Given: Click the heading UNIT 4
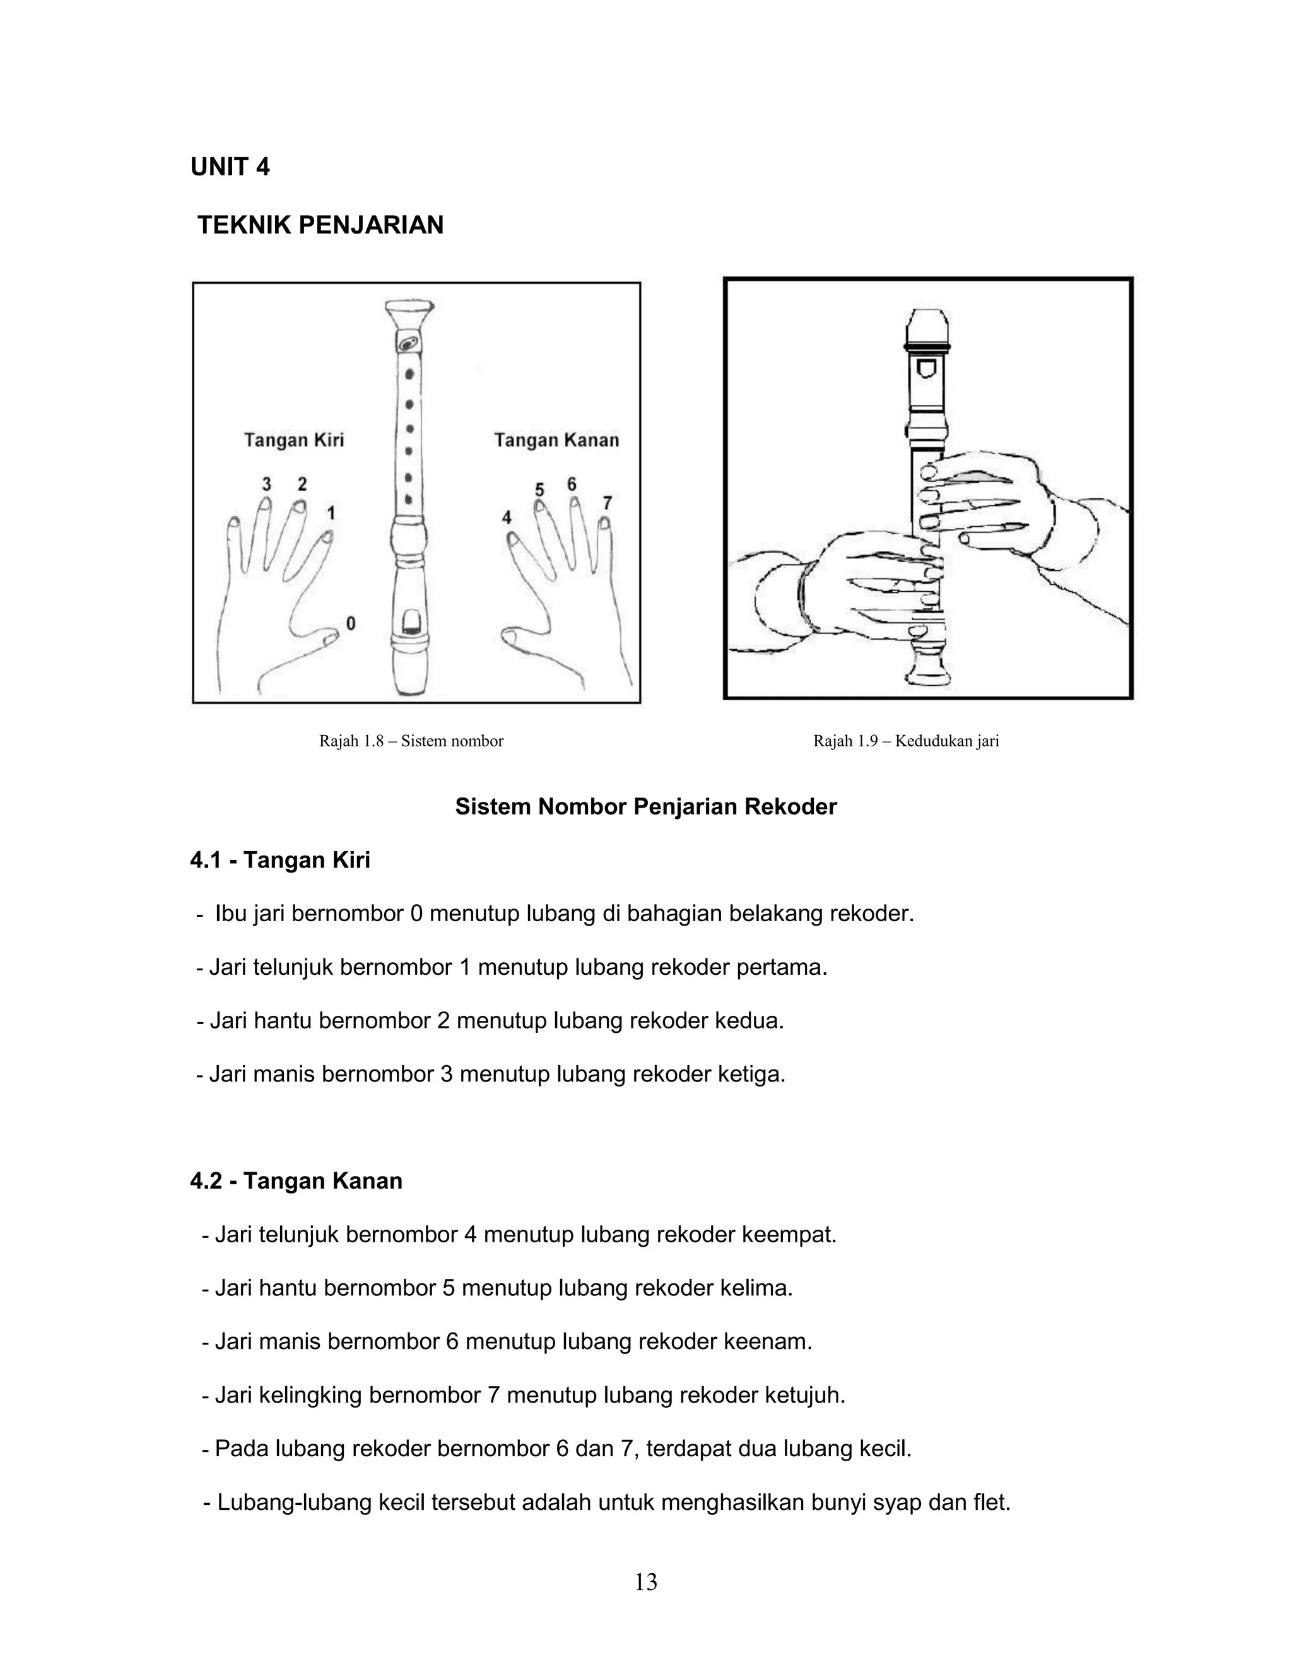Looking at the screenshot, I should tap(230, 167).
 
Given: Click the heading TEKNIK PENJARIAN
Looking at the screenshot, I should tap(320, 225).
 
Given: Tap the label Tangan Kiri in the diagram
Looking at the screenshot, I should tap(294, 440).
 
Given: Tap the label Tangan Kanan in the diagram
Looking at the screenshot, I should tap(556, 440).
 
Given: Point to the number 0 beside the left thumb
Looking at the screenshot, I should tap(351, 623).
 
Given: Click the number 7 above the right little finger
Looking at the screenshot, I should tap(607, 503).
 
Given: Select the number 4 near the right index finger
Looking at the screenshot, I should tap(507, 518).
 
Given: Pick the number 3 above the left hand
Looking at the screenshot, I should tap(266, 484).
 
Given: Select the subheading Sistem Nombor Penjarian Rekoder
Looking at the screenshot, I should tap(645, 807).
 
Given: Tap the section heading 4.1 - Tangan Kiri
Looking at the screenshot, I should tap(280, 861).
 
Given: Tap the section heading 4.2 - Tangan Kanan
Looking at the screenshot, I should tap(297, 1181).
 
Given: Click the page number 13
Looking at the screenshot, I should tap(645, 1582).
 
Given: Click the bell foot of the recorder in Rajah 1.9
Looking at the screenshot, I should tap(927, 668).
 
